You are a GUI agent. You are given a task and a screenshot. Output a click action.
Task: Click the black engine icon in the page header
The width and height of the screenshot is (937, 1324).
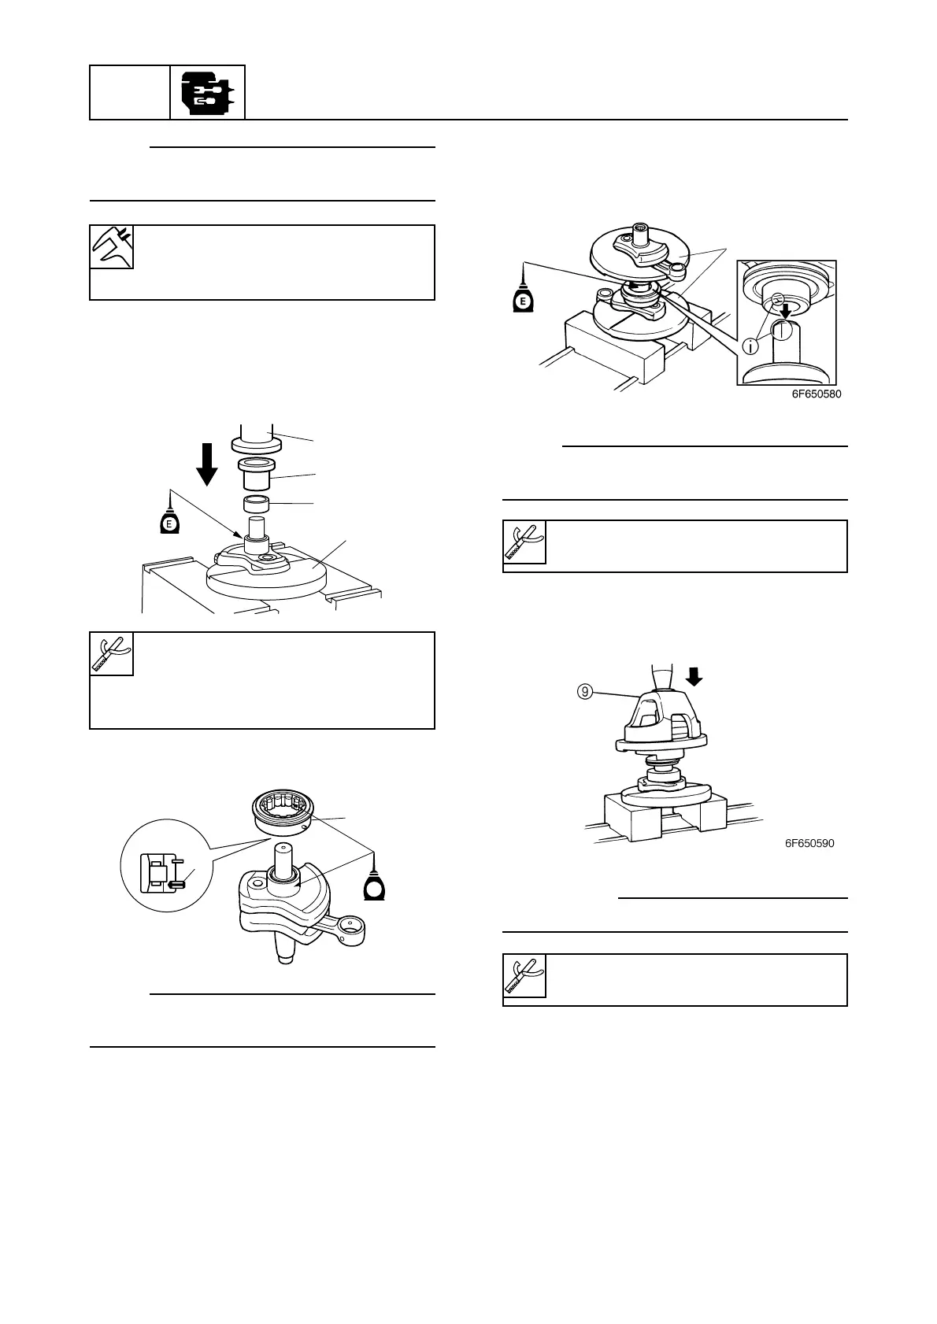pos(208,93)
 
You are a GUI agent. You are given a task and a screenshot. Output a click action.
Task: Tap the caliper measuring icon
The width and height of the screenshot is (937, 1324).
pos(112,247)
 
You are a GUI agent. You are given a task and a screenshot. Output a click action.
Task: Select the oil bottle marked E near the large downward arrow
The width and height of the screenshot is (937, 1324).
pos(169,523)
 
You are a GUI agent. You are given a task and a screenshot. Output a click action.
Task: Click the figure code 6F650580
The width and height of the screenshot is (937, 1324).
pos(817,394)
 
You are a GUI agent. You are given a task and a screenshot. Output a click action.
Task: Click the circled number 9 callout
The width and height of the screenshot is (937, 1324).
pos(583,693)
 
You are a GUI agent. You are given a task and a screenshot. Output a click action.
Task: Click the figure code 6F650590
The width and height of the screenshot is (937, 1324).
pos(809,843)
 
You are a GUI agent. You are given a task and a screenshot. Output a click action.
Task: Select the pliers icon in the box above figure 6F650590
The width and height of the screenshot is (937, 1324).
pos(524,542)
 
